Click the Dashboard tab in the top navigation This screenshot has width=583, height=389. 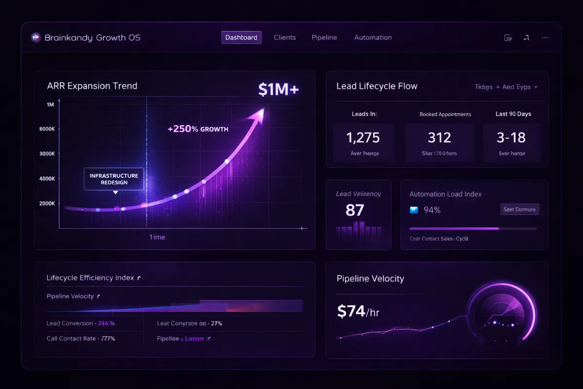click(x=241, y=37)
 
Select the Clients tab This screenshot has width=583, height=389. click(x=285, y=37)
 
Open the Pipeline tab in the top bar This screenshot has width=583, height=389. click(x=324, y=37)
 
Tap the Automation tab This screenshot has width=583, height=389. click(x=373, y=37)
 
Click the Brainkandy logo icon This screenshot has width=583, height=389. click(x=35, y=37)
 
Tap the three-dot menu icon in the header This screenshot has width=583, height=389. click(x=545, y=37)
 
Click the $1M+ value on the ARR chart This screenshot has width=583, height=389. click(x=278, y=89)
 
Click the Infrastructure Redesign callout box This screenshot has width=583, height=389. click(x=114, y=179)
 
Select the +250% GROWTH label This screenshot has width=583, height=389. click(x=198, y=129)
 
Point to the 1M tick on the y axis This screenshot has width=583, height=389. click(x=51, y=105)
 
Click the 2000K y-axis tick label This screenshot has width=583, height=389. click(x=47, y=204)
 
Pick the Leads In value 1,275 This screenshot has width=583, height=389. click(x=363, y=138)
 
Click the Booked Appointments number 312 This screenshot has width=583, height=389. click(x=439, y=138)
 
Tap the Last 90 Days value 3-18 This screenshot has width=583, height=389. click(x=511, y=138)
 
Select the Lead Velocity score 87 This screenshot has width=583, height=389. click(x=355, y=210)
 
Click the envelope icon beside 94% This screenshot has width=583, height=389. click(x=414, y=210)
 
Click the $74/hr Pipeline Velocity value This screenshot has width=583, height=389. click(x=358, y=311)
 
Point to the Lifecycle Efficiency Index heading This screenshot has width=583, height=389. click(x=90, y=278)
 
